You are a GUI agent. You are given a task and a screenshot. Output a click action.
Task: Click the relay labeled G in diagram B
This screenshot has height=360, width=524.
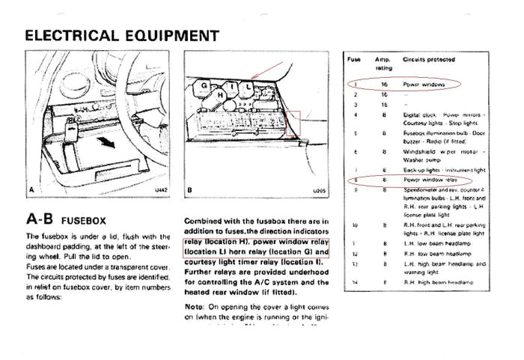[203, 86]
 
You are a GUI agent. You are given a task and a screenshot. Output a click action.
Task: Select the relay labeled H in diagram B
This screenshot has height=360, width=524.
[220, 96]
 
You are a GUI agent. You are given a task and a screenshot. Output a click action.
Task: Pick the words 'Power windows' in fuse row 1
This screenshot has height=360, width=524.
[424, 85]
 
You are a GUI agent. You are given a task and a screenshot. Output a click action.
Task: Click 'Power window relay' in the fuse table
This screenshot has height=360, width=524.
[430, 180]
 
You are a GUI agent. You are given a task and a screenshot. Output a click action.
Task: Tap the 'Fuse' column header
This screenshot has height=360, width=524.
[354, 58]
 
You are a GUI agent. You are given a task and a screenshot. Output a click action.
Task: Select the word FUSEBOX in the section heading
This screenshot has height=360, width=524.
[84, 222]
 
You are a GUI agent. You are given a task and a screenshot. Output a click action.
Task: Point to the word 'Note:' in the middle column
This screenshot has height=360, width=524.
[195, 307]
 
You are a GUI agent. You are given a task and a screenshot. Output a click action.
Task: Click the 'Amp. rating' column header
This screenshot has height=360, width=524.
[383, 63]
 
